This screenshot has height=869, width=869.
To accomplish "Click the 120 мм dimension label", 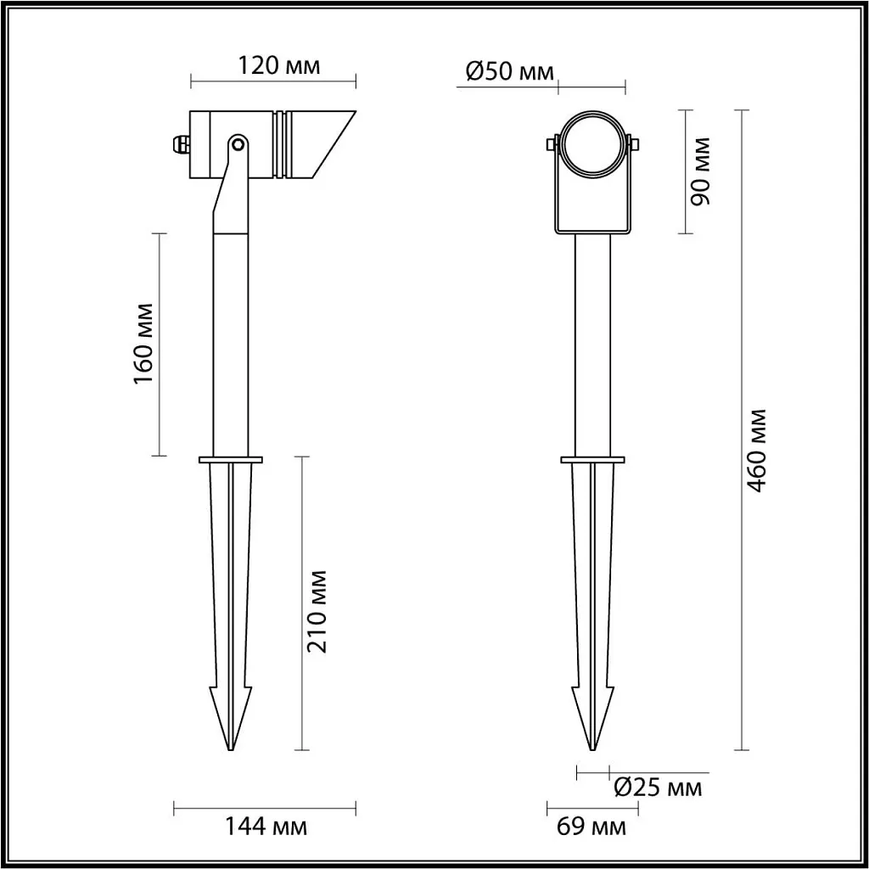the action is (278, 65).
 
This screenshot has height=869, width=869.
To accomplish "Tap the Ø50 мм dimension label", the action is (509, 71).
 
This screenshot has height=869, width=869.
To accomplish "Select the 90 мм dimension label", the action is (700, 171).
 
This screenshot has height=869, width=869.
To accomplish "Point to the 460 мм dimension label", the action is (756, 450).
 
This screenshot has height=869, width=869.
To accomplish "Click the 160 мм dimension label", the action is (143, 344).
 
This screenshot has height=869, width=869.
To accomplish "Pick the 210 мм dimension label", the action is (317, 611).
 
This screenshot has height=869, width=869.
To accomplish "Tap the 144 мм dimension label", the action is (265, 827).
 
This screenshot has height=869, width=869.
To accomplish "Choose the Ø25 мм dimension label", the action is (658, 787).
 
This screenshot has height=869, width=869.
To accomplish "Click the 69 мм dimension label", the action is (591, 827).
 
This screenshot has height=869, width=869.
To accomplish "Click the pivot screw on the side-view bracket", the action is (238, 144).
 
